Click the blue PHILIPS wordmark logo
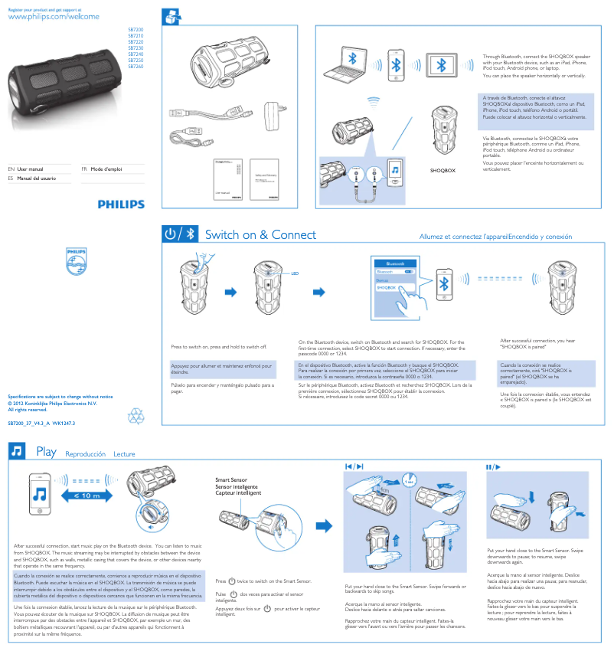[121, 204]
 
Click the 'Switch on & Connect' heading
[260, 235]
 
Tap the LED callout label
[294, 273]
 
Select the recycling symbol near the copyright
[136, 415]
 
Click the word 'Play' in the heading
[46, 453]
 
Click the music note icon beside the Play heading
[16, 452]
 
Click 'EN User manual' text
[31, 168]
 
